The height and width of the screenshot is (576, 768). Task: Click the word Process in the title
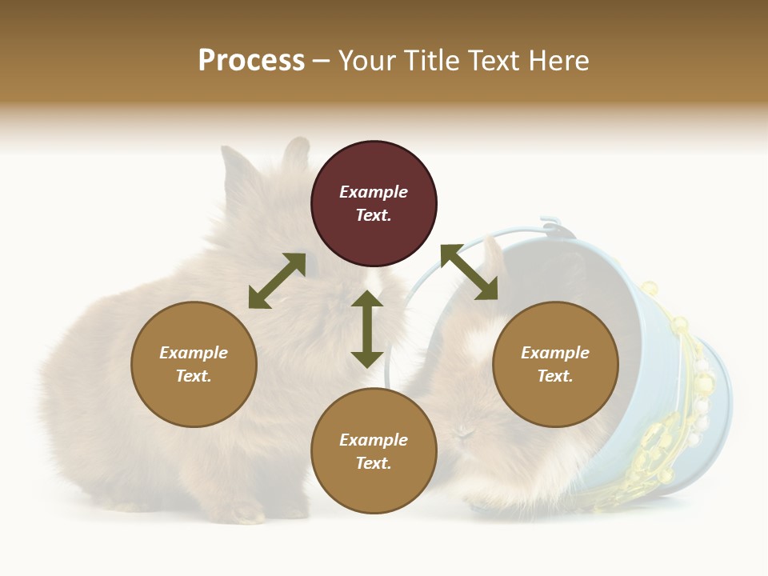pyautogui.click(x=251, y=61)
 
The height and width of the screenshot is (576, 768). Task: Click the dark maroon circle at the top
pyautogui.click(x=374, y=204)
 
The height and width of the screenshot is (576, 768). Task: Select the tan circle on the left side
pyautogui.click(x=194, y=364)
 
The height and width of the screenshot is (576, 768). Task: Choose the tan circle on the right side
pyautogui.click(x=555, y=364)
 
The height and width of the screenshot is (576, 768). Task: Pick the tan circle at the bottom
pyautogui.click(x=374, y=451)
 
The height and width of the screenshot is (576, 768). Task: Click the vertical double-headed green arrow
pyautogui.click(x=367, y=329)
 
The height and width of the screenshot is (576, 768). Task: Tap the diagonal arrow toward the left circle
pyautogui.click(x=277, y=281)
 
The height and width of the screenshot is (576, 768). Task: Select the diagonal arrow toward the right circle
pyautogui.click(x=469, y=272)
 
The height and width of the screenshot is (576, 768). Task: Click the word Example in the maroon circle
pyautogui.click(x=374, y=192)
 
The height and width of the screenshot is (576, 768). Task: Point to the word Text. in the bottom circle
pyautogui.click(x=374, y=463)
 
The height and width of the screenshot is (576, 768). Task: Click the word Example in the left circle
pyautogui.click(x=194, y=353)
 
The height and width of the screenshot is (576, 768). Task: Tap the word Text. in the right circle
pyautogui.click(x=555, y=376)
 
